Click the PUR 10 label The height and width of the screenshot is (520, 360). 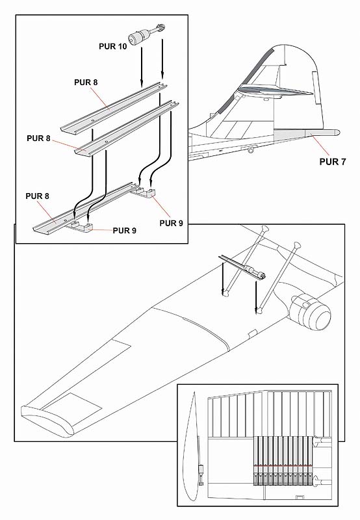(x=112, y=46)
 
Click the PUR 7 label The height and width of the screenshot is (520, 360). (x=333, y=162)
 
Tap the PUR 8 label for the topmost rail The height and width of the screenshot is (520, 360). (x=86, y=83)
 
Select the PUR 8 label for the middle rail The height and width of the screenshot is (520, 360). (x=38, y=138)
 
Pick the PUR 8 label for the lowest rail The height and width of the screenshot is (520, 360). (x=37, y=196)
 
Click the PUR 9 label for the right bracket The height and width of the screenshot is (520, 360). (x=171, y=223)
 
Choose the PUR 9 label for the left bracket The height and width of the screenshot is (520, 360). (x=124, y=231)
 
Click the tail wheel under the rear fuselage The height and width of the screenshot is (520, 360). (x=251, y=151)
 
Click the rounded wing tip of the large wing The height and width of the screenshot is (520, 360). (x=46, y=419)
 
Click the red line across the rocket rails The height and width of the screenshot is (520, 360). (x=283, y=466)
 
